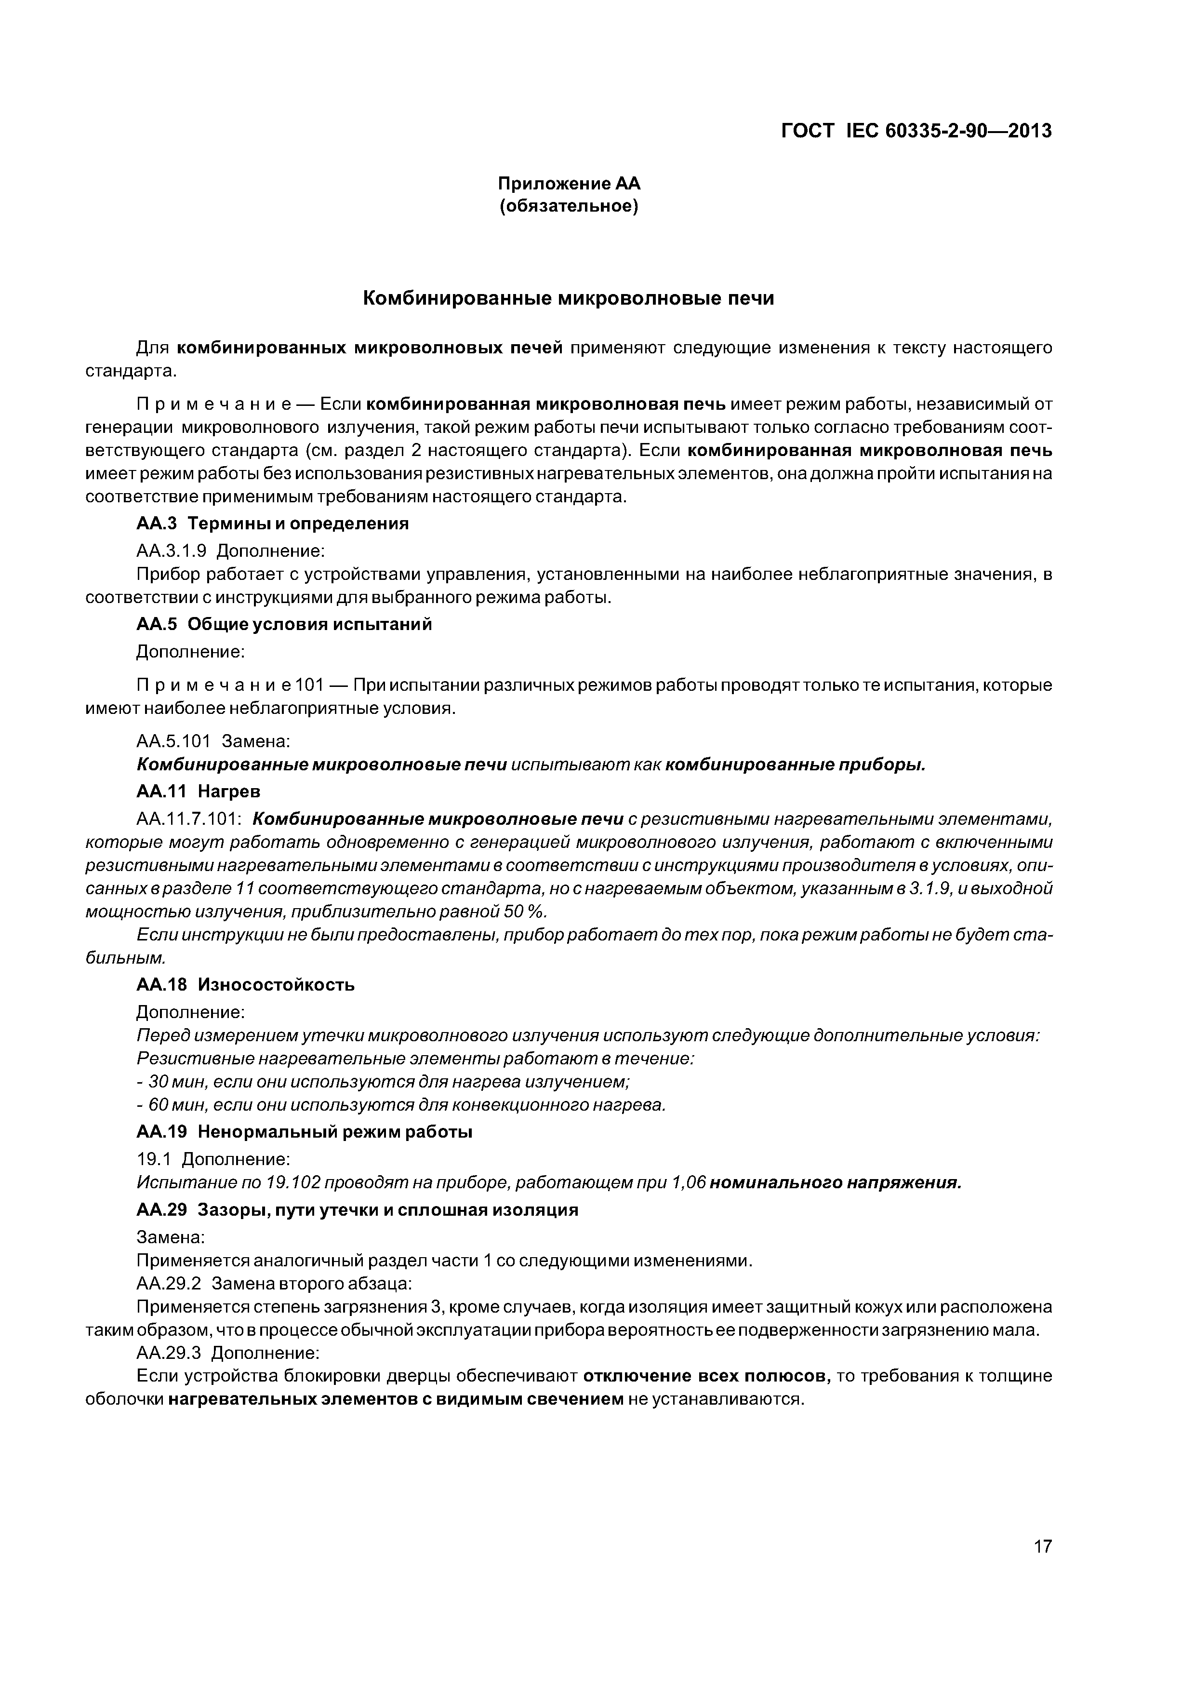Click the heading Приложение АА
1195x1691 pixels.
coord(569,183)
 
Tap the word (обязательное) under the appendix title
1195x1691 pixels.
coord(569,206)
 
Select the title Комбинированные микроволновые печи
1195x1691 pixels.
coord(569,298)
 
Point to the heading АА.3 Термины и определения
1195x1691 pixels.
coord(272,523)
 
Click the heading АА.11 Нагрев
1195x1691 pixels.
coord(199,791)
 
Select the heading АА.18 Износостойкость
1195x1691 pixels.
coord(246,985)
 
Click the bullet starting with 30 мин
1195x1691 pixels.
coord(383,1082)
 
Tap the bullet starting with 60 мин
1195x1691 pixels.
coord(401,1105)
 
